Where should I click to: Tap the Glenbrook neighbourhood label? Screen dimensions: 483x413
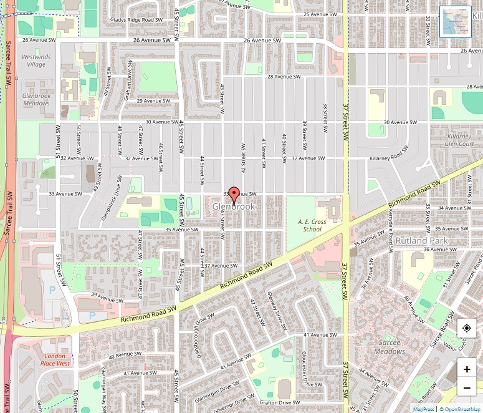point(234,206)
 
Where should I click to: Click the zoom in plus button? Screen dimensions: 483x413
point(467,369)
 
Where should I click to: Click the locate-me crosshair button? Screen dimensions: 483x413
point(467,328)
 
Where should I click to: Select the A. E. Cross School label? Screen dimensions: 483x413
point(312,225)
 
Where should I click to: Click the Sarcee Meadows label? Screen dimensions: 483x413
point(390,347)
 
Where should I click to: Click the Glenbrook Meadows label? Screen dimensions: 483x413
point(36,99)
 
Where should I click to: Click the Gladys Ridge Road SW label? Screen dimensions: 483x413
point(136,20)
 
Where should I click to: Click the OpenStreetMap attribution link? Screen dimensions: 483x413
point(462,409)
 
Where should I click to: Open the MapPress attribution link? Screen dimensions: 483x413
point(424,409)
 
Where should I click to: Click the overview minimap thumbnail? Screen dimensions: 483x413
point(455,22)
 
